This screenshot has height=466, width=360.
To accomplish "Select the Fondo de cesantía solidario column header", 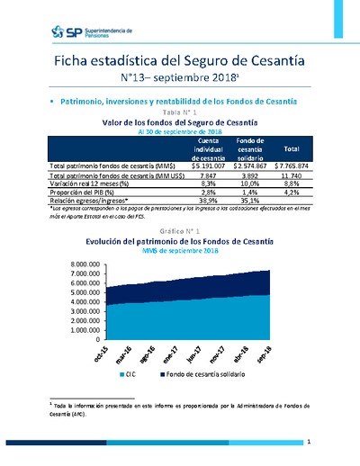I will [x=249, y=148].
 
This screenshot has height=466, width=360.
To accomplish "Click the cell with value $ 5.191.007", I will [x=208, y=166].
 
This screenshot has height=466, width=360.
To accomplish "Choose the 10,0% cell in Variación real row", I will [x=249, y=184].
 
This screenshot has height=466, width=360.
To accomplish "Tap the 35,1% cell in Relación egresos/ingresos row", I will [x=249, y=201].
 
